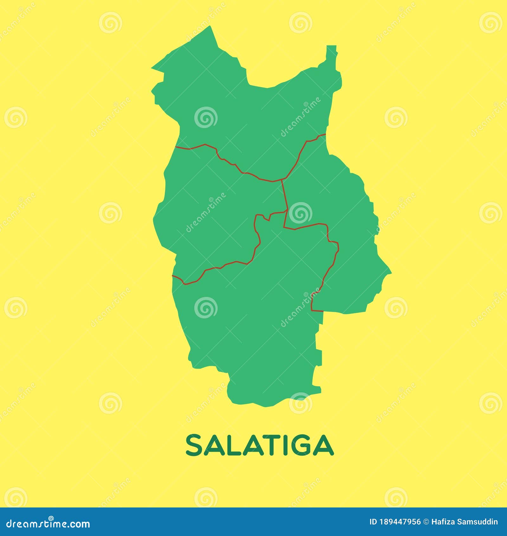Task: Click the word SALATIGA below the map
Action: [259, 445]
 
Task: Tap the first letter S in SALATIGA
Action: [194, 445]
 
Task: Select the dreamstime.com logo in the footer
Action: [48, 523]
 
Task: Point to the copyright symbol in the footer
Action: [426, 522]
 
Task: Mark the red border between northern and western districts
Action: [228, 162]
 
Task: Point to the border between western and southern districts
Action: [222, 266]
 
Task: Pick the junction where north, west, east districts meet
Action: [282, 180]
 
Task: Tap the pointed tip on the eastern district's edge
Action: [390, 272]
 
